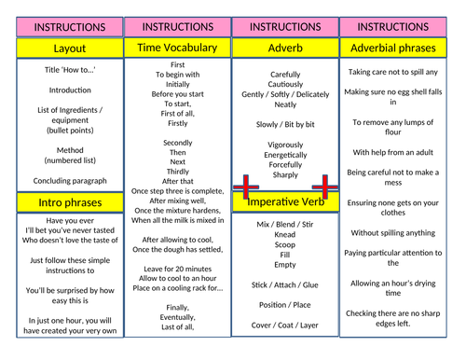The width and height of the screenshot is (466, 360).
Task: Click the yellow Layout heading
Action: coord(62,47)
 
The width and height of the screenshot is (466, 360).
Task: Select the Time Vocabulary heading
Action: coord(177,47)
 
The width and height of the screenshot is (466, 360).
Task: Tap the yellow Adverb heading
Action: coord(285,47)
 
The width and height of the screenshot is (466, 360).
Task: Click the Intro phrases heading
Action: coord(62,201)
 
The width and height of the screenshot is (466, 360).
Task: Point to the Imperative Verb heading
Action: coord(285,201)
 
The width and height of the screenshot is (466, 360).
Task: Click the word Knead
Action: coord(285,236)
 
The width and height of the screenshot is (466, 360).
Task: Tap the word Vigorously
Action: coord(285,145)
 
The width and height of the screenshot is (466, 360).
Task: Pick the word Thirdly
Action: coord(177,171)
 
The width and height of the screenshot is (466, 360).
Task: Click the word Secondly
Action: coord(177,143)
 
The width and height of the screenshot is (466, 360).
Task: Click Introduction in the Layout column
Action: coord(62,90)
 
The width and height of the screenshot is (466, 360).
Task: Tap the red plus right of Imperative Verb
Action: coord(326,186)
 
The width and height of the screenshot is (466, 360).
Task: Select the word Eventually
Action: coord(177,317)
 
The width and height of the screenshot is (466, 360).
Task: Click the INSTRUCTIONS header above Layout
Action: coord(62,27)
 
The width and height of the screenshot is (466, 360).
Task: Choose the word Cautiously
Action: coord(285,84)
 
